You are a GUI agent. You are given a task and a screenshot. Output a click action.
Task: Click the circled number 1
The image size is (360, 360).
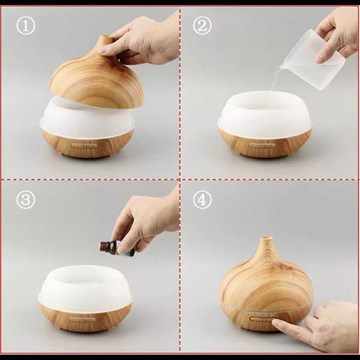(x=26, y=25)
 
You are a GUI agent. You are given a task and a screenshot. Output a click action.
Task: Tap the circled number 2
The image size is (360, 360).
(x=202, y=25)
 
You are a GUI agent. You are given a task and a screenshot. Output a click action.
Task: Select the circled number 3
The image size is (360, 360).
(x=26, y=200)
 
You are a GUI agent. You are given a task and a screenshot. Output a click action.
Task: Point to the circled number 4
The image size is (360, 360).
(x=202, y=200)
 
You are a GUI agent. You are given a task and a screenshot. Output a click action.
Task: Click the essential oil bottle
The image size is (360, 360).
(x=117, y=248)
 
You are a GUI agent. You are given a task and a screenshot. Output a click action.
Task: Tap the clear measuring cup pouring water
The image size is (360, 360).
(x=313, y=60)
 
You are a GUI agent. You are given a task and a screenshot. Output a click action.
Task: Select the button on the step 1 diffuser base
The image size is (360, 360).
(x=83, y=146)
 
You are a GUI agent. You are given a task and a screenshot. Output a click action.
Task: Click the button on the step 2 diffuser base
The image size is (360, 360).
(x=262, y=145)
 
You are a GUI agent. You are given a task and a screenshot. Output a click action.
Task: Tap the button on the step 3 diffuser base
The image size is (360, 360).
(x=82, y=319)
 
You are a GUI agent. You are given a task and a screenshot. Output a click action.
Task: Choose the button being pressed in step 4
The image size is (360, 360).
(x=262, y=319)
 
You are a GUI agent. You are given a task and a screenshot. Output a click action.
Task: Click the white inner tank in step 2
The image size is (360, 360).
(x=264, y=114)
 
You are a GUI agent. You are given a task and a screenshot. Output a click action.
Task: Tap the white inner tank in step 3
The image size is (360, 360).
(x=85, y=289)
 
